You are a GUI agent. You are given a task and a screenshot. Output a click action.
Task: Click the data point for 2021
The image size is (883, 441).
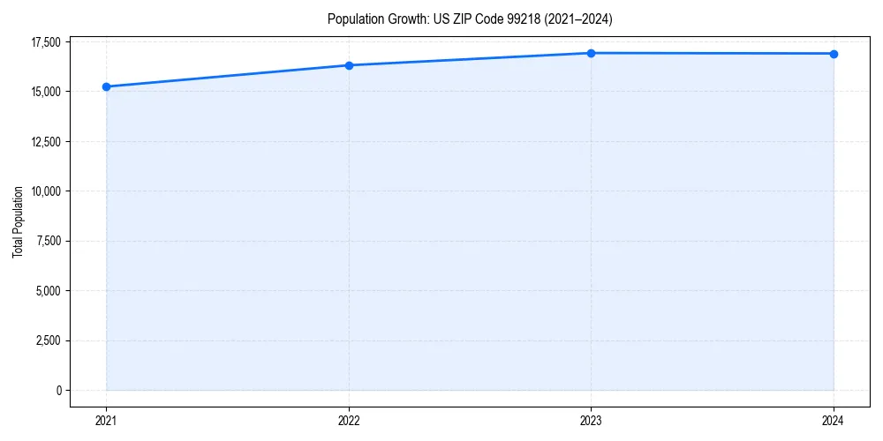click(x=106, y=86)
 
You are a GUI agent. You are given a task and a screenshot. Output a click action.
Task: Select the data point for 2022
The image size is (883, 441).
click(x=349, y=65)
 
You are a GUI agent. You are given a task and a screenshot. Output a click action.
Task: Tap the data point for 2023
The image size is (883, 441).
click(x=591, y=53)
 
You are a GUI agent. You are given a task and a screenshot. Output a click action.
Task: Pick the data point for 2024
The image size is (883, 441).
click(x=834, y=54)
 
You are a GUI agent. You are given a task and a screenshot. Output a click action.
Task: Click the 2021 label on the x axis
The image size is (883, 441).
click(x=106, y=420)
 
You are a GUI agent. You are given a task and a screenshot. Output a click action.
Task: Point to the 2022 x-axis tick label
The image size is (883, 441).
click(x=349, y=420)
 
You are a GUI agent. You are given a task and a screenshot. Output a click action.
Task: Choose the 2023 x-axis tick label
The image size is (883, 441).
click(x=591, y=420)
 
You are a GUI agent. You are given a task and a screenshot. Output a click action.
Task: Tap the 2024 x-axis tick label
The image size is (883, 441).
click(x=834, y=420)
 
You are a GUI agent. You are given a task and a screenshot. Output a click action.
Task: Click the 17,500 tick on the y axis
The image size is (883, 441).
click(x=45, y=42)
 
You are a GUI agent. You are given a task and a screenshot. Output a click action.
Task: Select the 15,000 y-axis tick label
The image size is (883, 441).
click(x=45, y=92)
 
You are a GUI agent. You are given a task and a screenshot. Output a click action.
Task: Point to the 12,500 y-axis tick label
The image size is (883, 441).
click(x=45, y=142)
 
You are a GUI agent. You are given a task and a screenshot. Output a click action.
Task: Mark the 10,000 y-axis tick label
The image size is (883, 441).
click(x=45, y=191)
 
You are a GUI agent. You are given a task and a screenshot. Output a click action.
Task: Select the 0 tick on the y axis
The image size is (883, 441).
click(x=58, y=390)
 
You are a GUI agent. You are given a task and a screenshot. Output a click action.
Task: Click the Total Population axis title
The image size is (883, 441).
click(x=18, y=222)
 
